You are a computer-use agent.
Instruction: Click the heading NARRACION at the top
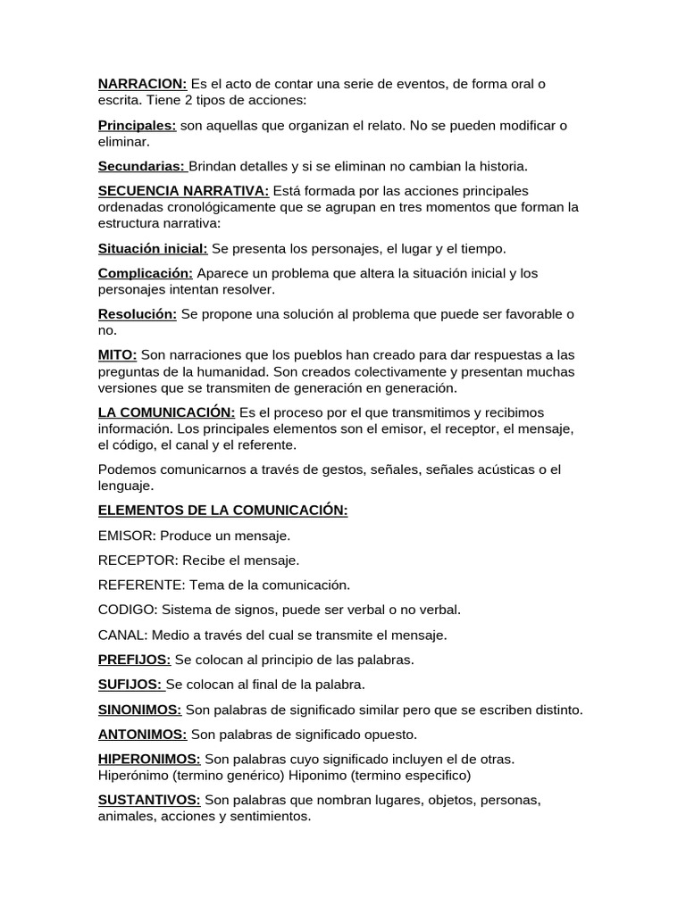[x=142, y=84]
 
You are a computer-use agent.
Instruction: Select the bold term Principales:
[x=137, y=126]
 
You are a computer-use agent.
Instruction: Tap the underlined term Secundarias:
[x=142, y=166]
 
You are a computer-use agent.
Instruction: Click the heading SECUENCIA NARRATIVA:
[x=183, y=191]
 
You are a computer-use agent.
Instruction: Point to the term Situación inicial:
[x=153, y=248]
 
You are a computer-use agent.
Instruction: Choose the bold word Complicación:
[x=145, y=273]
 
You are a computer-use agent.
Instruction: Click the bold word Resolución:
[x=138, y=314]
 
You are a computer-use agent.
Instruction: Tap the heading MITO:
[x=117, y=355]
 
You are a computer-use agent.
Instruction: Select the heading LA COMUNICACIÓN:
[x=166, y=412]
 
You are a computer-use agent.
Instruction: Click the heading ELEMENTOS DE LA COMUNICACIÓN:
[x=222, y=511]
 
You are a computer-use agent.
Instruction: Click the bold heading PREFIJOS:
[x=134, y=660]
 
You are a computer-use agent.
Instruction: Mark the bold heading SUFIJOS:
[x=130, y=685]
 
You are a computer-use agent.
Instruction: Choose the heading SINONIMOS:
[x=139, y=710]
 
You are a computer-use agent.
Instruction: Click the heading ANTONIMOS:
[x=142, y=735]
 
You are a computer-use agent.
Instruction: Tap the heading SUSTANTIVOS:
[x=149, y=800]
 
